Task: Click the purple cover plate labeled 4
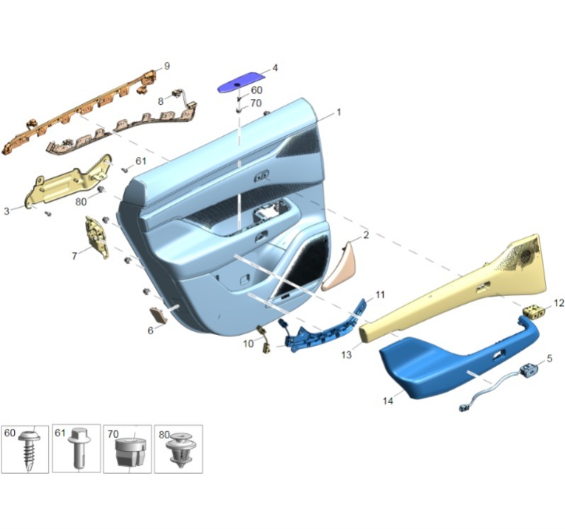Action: coord(241,82)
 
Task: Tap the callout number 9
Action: coord(167,67)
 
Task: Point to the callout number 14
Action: coord(388,401)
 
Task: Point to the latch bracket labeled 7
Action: coord(96,237)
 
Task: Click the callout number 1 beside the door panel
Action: coord(338,112)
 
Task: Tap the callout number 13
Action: coord(346,355)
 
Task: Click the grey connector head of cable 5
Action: coord(530,369)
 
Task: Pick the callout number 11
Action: coord(380,295)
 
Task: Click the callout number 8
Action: coord(161,101)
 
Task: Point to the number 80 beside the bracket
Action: coord(81,201)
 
